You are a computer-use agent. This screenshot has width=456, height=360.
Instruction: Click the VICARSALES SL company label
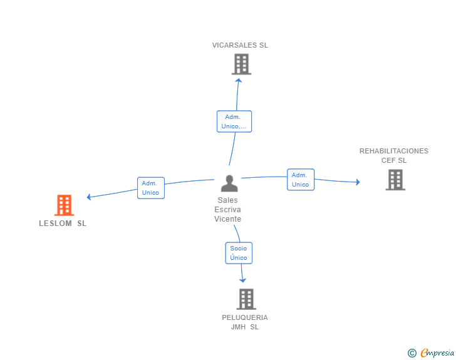tap(240, 45)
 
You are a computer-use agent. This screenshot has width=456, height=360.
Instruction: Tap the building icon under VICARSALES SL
tap(241, 64)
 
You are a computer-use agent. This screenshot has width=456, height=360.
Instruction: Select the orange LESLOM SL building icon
tap(64, 205)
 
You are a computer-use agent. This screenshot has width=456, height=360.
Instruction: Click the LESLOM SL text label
tap(63, 224)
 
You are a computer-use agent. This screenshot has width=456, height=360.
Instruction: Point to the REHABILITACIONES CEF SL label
tap(394, 155)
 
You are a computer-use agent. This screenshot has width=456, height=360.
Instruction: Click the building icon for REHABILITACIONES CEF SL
tap(395, 180)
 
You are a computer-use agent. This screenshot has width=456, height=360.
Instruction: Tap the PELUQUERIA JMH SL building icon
tap(246, 299)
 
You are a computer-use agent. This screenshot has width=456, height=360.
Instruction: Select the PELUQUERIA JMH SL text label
tap(245, 322)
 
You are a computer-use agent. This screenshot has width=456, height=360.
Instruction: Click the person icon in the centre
tap(229, 183)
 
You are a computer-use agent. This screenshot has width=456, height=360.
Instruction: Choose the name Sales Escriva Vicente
tap(227, 210)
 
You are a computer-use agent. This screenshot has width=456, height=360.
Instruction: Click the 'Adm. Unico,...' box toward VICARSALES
tap(234, 121)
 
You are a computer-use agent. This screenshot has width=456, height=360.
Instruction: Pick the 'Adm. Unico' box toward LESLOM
tap(151, 188)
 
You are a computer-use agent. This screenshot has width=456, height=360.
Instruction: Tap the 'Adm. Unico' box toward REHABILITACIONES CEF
tap(301, 180)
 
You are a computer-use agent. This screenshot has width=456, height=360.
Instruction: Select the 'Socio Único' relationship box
tap(239, 253)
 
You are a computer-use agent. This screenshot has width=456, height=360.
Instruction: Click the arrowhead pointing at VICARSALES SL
tap(238, 80)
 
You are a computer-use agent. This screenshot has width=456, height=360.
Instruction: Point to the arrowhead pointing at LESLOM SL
tap(90, 197)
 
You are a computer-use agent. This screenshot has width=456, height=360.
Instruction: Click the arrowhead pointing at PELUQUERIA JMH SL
tap(243, 280)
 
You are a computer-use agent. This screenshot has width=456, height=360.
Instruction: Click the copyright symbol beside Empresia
tap(412, 353)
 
